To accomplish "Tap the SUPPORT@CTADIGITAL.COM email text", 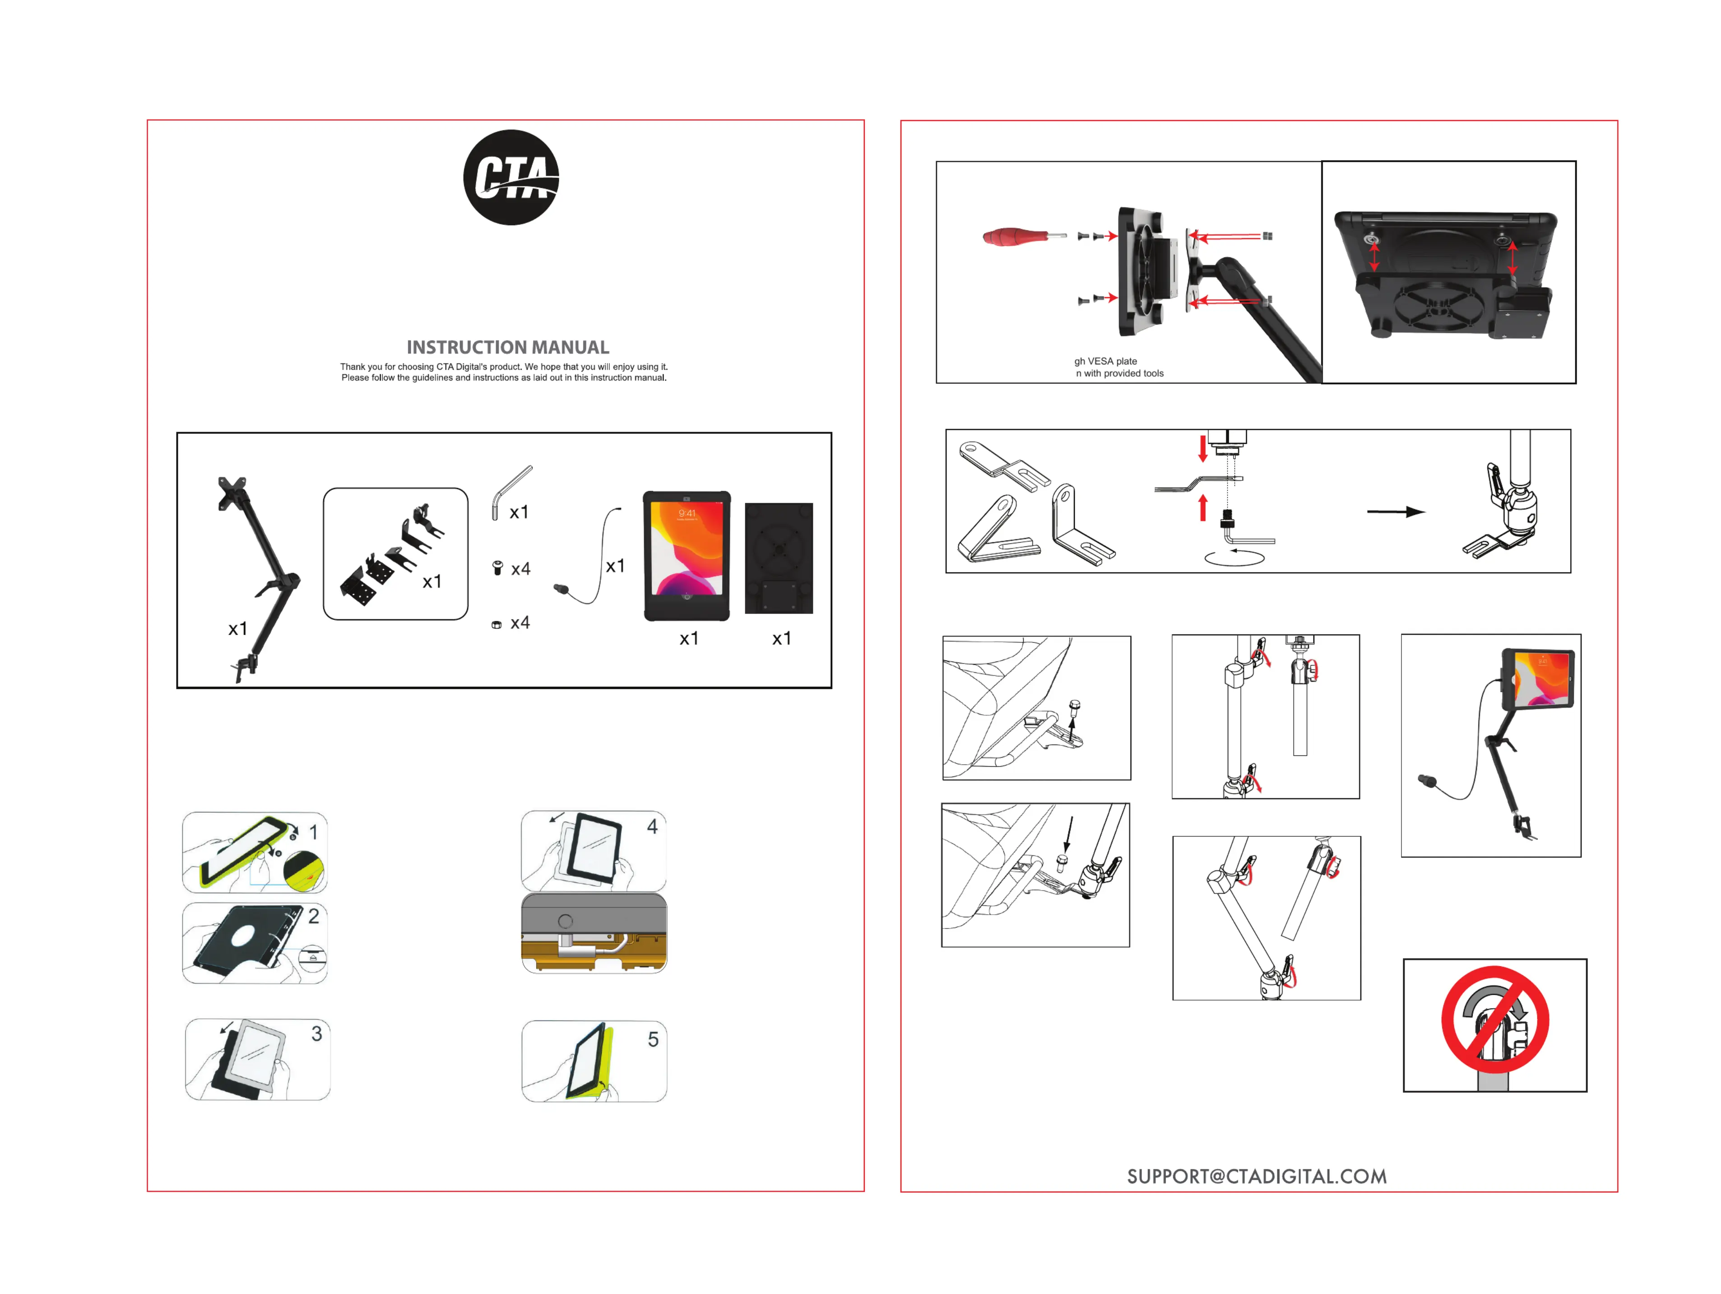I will pyautogui.click(x=1257, y=1176).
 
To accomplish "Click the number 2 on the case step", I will pyautogui.click(x=314, y=916).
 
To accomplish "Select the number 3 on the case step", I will pyautogui.click(x=317, y=1033).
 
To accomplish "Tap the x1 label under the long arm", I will pyautogui.click(x=237, y=629).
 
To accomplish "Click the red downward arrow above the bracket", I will pyautogui.click(x=1203, y=449).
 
